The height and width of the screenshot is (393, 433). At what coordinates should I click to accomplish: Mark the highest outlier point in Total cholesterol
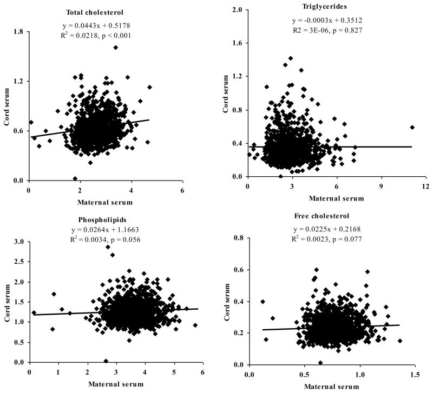point(116,48)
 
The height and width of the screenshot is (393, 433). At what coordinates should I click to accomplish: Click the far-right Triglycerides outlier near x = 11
point(412,128)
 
